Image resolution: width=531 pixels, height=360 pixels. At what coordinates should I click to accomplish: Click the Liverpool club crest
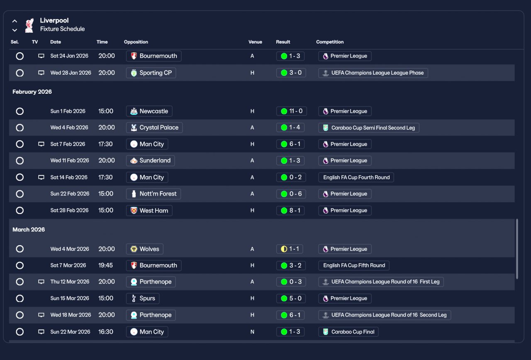(29, 25)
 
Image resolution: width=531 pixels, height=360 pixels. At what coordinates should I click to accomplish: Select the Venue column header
(255, 42)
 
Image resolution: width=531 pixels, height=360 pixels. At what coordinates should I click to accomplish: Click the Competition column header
(330, 42)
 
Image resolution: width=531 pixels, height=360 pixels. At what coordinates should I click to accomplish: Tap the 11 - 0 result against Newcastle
(291, 111)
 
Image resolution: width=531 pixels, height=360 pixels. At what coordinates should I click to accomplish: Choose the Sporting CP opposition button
(151, 73)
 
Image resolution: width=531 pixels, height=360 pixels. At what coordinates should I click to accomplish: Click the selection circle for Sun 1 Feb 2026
(19, 111)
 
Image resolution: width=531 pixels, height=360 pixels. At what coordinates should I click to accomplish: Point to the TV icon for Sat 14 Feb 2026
(41, 177)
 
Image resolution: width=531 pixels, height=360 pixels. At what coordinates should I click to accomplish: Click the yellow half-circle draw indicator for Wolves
(284, 249)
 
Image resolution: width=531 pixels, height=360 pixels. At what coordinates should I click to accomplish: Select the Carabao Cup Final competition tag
(348, 332)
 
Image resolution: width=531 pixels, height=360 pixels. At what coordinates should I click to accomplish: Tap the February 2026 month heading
(32, 92)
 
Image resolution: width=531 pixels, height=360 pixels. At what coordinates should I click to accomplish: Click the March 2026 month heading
(29, 229)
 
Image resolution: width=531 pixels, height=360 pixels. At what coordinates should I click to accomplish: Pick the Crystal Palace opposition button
(154, 127)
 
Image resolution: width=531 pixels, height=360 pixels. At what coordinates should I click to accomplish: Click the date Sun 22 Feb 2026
(70, 194)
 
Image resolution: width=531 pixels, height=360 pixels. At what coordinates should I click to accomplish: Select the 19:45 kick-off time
(105, 265)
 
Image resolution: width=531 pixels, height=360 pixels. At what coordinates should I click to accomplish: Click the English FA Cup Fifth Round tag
(354, 265)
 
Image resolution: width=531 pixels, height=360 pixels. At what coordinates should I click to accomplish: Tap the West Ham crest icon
(134, 210)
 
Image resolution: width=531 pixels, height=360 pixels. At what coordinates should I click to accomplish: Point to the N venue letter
(252, 332)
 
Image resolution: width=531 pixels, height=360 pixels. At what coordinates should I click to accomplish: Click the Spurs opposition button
(143, 298)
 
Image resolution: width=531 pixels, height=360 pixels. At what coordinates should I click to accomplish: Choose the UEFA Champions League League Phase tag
(373, 73)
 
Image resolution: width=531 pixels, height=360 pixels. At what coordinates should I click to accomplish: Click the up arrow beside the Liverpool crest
(15, 21)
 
